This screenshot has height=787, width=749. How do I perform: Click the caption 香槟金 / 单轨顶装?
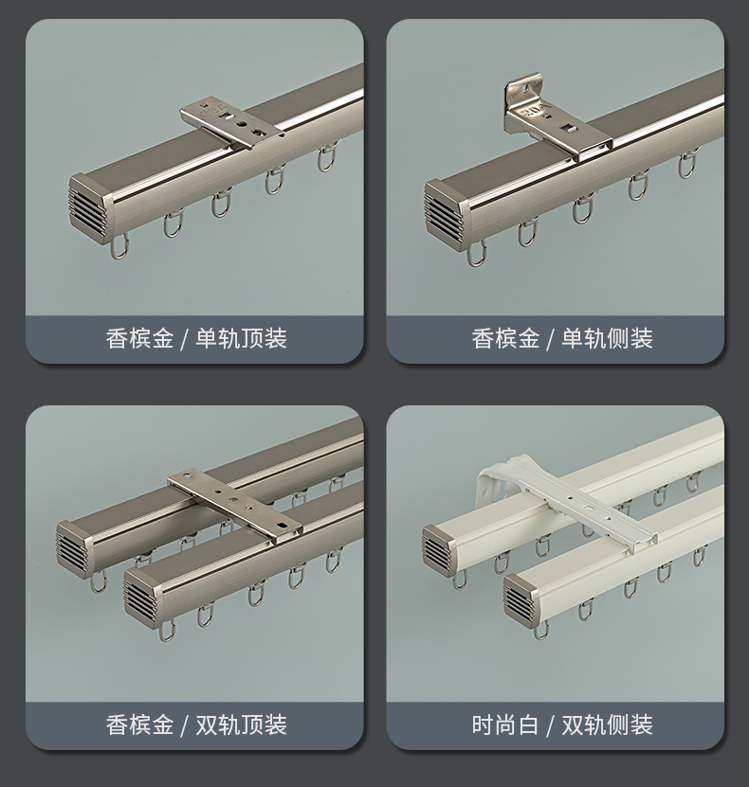click(x=196, y=338)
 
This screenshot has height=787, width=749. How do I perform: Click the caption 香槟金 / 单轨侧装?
click(x=562, y=338)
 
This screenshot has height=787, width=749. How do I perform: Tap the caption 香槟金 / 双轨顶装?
click(x=196, y=724)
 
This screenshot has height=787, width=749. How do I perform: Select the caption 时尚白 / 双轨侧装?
click(x=562, y=724)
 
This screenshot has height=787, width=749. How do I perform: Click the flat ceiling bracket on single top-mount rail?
click(x=231, y=124)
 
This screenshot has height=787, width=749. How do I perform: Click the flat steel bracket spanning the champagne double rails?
click(x=235, y=506)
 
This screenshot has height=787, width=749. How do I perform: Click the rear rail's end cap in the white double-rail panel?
click(x=441, y=549)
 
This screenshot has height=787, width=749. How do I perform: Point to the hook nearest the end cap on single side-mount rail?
click(x=476, y=253)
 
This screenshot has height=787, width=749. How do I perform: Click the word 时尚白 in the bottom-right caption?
click(x=505, y=724)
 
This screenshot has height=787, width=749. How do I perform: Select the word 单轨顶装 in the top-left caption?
click(x=241, y=338)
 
